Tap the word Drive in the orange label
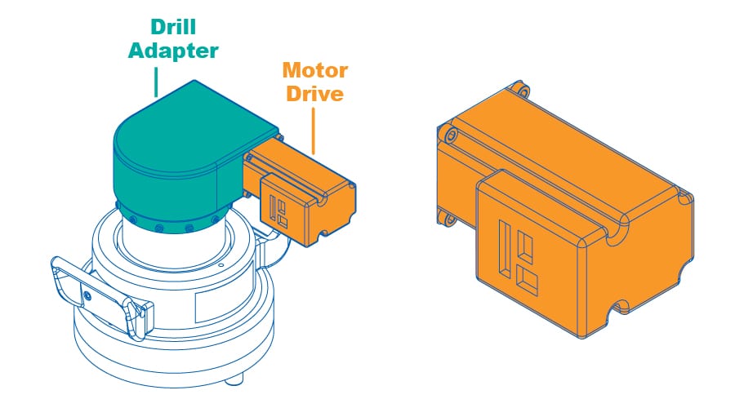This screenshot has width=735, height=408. [314, 93]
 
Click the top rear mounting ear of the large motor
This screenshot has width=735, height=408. [517, 88]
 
